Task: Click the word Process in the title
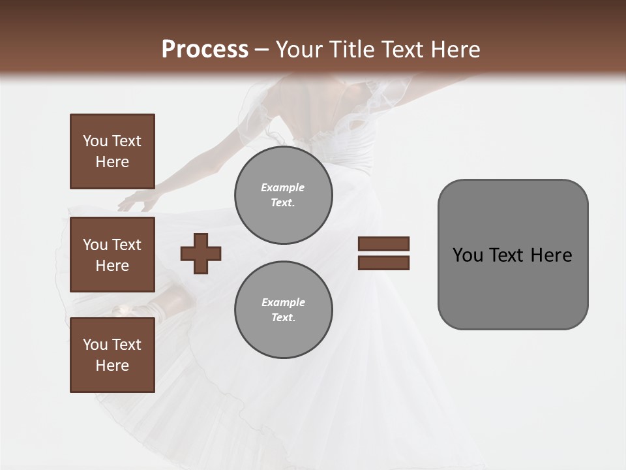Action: [205, 50]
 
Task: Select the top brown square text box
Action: [112, 151]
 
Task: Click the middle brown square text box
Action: [112, 255]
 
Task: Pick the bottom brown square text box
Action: [112, 355]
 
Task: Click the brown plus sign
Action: [201, 253]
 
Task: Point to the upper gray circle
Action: [284, 195]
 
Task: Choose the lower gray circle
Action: [284, 310]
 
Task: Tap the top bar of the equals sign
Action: [383, 243]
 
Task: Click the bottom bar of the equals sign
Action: [383, 262]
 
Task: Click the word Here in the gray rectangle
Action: [551, 255]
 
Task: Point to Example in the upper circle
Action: [282, 187]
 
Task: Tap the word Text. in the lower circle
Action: [283, 318]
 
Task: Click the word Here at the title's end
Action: [455, 50]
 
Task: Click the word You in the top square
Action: [95, 141]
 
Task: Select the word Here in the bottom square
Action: [112, 366]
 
